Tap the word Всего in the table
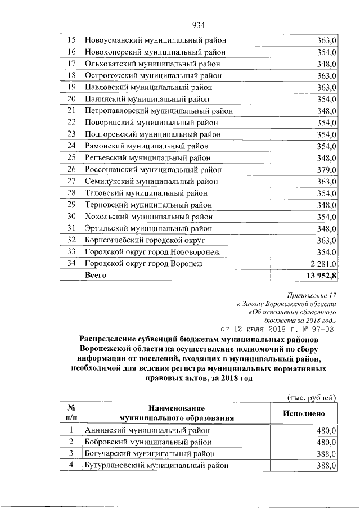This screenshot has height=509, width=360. (x=96, y=275)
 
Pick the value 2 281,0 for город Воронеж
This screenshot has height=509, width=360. (x=322, y=264)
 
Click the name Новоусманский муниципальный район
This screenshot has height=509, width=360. (x=155, y=40)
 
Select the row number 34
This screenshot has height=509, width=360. (x=71, y=264)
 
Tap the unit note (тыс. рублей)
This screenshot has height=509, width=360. (x=312, y=397)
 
